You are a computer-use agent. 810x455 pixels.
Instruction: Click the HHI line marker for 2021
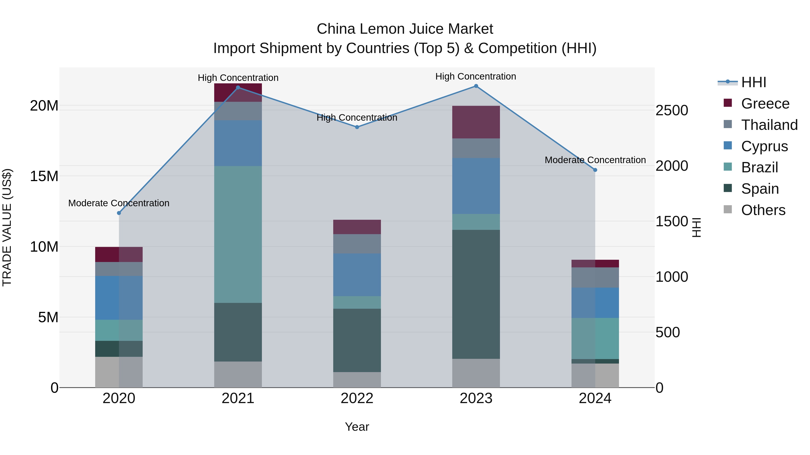tap(238, 88)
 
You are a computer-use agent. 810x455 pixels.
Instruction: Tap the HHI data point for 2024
tap(595, 170)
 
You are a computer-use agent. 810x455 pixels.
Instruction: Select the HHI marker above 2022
tap(357, 127)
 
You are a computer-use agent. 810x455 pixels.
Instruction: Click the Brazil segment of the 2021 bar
tap(238, 234)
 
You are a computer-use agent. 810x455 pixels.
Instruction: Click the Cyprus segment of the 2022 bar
tap(357, 275)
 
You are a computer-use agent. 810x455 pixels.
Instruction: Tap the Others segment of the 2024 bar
tap(595, 375)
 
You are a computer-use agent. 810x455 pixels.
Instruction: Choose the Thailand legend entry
tap(769, 125)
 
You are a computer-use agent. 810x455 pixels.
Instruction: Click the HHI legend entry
tap(753, 82)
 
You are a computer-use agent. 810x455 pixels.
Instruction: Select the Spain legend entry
tap(760, 189)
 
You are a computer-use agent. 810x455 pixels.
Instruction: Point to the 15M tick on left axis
tap(44, 176)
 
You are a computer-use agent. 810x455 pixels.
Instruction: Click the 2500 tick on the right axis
tap(672, 111)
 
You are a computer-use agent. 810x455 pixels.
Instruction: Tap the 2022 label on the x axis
tap(357, 398)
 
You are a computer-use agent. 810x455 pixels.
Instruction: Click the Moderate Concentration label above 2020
tap(119, 203)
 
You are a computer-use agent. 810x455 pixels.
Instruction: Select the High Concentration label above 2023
tap(476, 76)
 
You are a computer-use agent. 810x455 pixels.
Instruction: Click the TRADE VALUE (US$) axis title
tap(7, 227)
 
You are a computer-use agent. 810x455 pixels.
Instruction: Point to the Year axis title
tap(357, 427)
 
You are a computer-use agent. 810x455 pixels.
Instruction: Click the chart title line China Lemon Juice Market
tap(405, 29)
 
